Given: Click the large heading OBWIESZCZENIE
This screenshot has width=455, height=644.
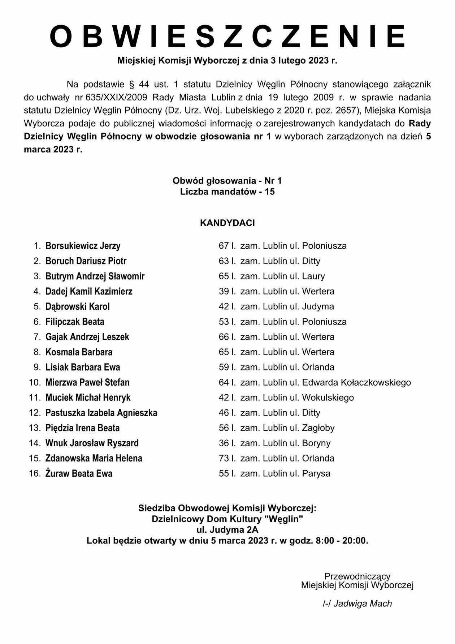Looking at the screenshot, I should (x=227, y=37).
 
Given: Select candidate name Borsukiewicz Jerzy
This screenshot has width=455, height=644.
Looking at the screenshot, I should (x=83, y=246).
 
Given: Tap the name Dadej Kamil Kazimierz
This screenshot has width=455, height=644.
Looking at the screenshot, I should (x=89, y=292).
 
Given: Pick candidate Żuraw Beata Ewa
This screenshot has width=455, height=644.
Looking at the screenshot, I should (x=79, y=474).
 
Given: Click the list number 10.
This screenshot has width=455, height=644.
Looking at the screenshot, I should (x=35, y=383).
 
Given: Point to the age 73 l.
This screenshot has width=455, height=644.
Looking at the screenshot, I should (x=227, y=459).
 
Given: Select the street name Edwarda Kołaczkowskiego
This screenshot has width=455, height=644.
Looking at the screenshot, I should (x=356, y=383).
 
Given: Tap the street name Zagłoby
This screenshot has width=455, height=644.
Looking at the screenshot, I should (x=318, y=428).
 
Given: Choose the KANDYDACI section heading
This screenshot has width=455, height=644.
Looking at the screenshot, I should (x=227, y=223).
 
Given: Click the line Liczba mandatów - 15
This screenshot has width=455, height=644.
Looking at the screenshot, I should (x=227, y=192).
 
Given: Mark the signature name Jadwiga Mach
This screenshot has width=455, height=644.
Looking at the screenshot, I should (x=362, y=604).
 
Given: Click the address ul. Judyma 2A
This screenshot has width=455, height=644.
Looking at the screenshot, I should (x=227, y=530).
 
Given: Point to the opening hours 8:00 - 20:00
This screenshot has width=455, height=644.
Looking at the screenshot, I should (x=342, y=541).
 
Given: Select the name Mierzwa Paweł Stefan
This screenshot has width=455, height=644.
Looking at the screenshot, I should (x=87, y=383).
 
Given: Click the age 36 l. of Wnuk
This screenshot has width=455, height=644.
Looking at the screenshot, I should (x=227, y=443).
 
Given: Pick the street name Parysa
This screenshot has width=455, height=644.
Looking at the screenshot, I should (x=316, y=474).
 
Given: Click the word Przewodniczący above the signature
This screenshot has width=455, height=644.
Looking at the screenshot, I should (x=357, y=576).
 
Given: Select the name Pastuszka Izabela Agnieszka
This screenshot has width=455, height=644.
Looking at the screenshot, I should (x=101, y=413).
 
